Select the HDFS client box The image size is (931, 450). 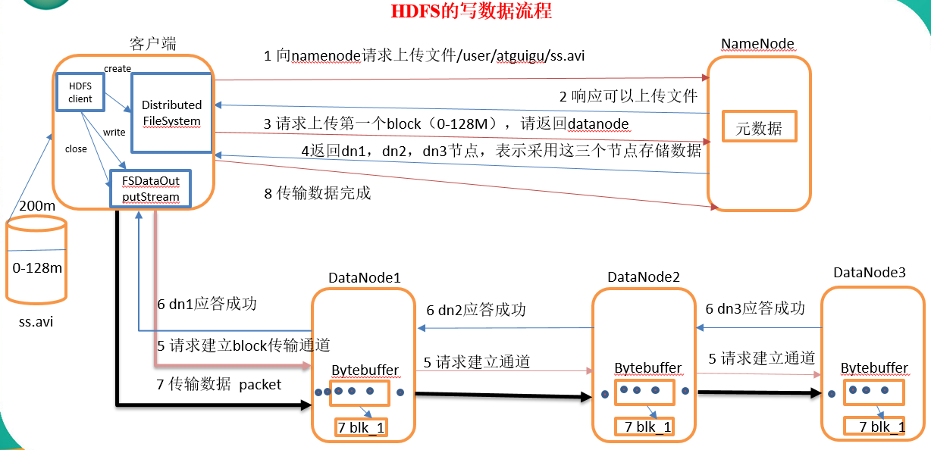[x=80, y=92]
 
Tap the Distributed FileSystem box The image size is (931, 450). [x=171, y=113]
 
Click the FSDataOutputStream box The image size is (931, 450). [x=149, y=189]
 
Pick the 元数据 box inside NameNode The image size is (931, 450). [x=758, y=128]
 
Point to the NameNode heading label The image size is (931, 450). [x=757, y=44]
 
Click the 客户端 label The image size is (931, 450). [x=153, y=43]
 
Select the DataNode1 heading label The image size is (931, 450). [x=364, y=278]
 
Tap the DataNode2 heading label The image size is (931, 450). [x=643, y=277]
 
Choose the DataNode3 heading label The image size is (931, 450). [x=870, y=272]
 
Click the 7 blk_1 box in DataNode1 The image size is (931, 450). [x=361, y=428]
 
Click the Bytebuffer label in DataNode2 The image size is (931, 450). [x=647, y=368]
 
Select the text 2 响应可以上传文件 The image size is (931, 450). [x=629, y=96]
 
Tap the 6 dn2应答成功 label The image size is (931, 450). [x=475, y=310]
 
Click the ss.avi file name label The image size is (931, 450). [x=36, y=322]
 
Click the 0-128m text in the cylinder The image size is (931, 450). [x=37, y=267]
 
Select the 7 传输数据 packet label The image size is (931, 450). [x=218, y=385]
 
